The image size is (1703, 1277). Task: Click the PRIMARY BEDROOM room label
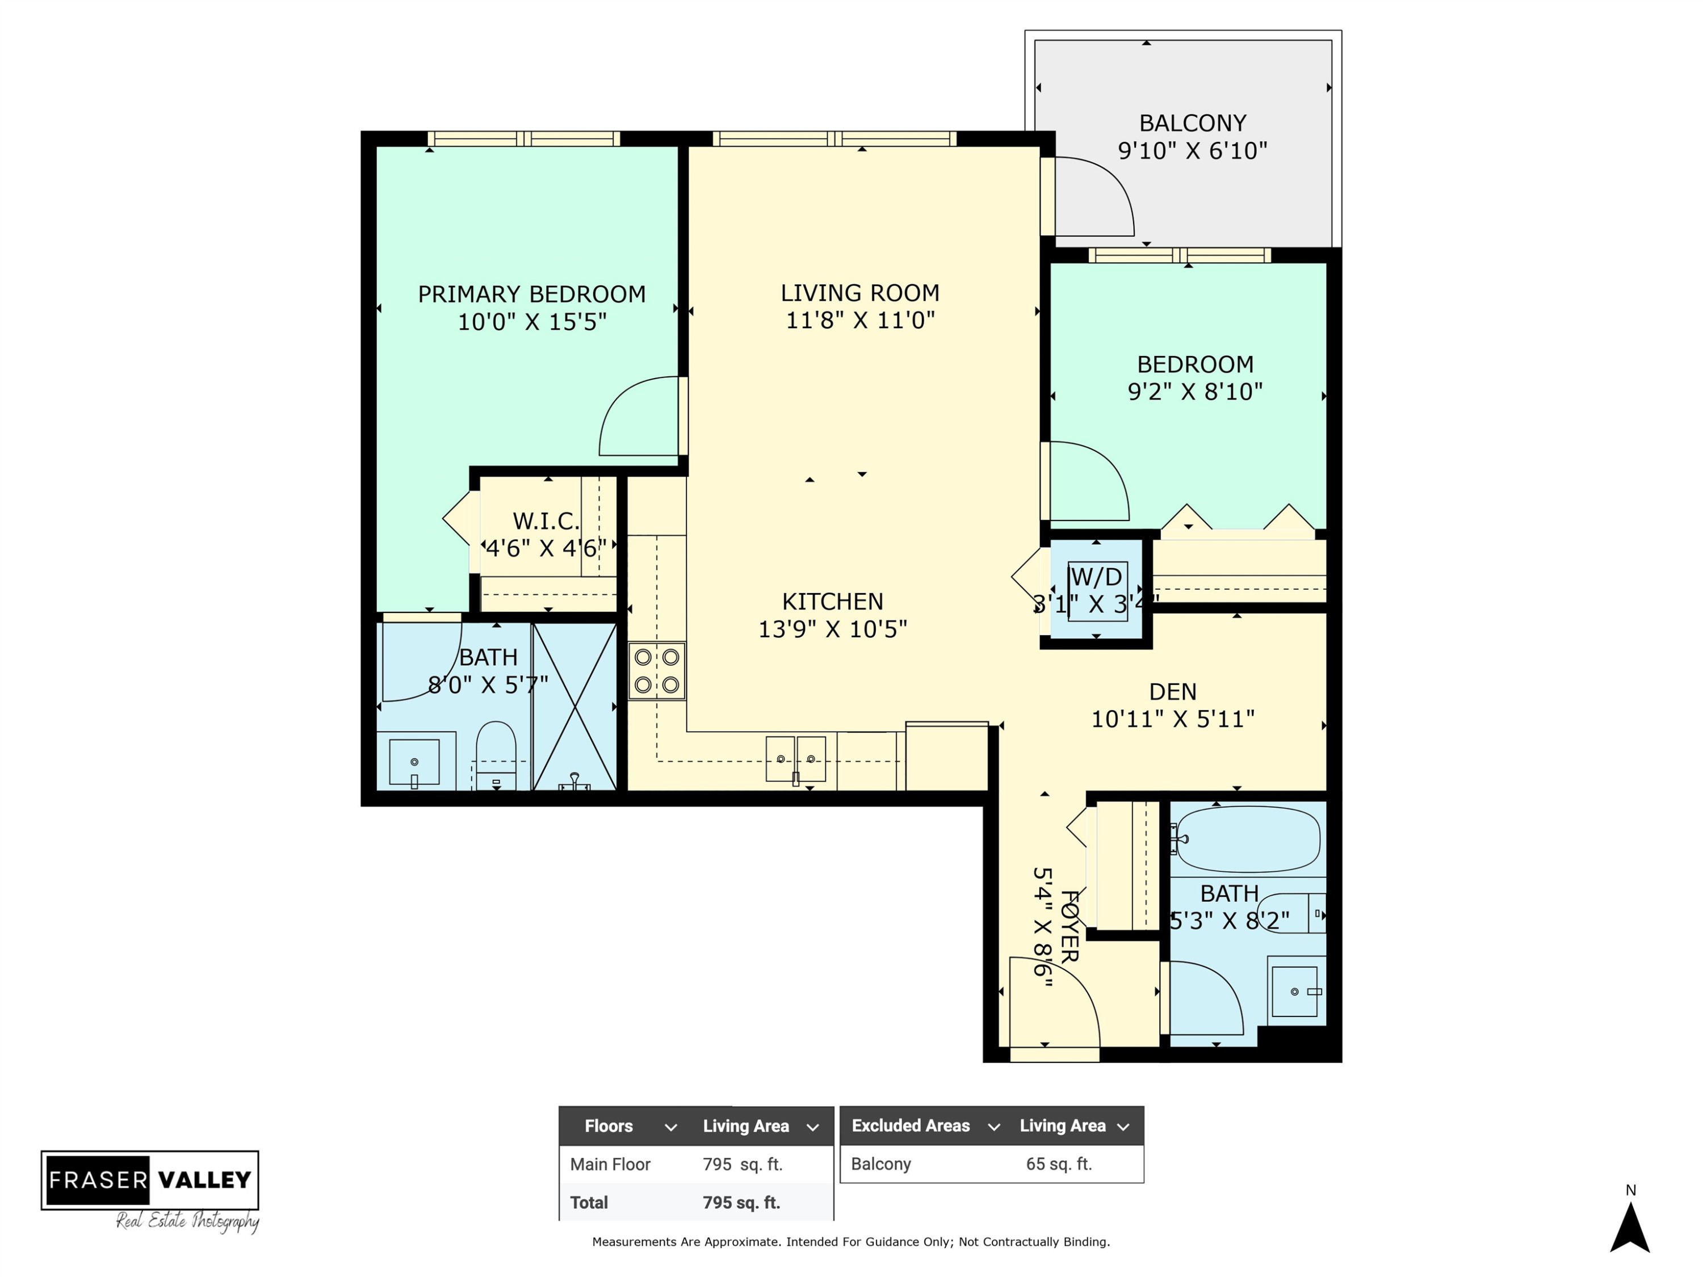click(x=531, y=294)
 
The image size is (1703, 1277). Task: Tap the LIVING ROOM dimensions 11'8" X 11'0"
click(x=860, y=320)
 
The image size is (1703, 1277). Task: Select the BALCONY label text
click(x=1193, y=123)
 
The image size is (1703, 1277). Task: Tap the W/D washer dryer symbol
click(x=1097, y=591)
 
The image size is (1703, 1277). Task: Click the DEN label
click(x=1173, y=692)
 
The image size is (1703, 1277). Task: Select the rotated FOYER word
click(x=1070, y=927)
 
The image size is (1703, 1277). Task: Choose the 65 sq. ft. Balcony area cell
click(x=1059, y=1164)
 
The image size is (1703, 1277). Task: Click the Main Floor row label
click(x=610, y=1165)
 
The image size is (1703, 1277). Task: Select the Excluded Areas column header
click(x=910, y=1125)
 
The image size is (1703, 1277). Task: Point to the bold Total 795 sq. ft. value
click(x=741, y=1202)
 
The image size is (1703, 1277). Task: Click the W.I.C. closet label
click(x=546, y=521)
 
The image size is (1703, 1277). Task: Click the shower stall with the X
click(x=574, y=707)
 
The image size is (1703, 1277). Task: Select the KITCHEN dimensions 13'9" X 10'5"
click(x=833, y=629)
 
